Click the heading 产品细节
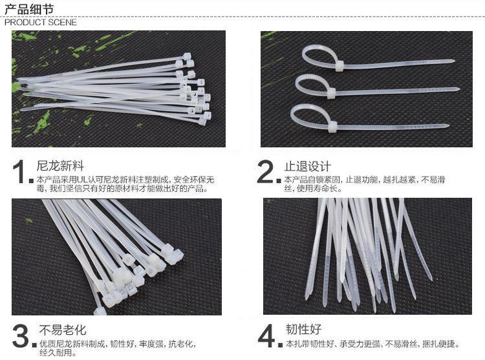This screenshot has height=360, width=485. [x=29, y=8]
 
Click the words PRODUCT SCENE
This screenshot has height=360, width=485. [x=41, y=22]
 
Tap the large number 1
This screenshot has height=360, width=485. [x=19, y=172]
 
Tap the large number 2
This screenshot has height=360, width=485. [x=265, y=172]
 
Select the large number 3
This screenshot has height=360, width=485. [x=21, y=336]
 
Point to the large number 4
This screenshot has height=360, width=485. [x=266, y=335]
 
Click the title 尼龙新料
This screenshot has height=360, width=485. [x=60, y=166]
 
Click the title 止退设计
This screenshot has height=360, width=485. [x=307, y=167]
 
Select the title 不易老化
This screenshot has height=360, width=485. [x=63, y=330]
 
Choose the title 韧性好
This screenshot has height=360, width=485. [x=303, y=330]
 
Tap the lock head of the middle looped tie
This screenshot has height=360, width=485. [x=331, y=93]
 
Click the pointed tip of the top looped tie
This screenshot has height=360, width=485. [x=453, y=61]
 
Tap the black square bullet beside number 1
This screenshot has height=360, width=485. [x=31, y=181]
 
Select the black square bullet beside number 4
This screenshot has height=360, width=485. [x=280, y=344]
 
